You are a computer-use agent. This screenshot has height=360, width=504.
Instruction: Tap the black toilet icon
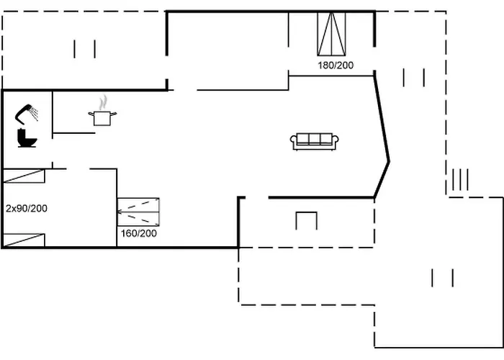[x=27, y=137]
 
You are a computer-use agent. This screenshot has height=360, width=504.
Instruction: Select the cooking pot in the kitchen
[x=102, y=117]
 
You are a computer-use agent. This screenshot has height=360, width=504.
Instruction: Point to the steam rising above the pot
[x=104, y=101]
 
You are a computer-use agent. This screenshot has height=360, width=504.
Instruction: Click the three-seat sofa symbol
[x=315, y=141]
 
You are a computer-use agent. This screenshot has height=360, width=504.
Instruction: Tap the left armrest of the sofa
[x=294, y=142]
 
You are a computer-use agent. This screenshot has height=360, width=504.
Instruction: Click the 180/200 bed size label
[x=336, y=65]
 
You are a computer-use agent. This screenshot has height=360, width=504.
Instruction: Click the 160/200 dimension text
[x=139, y=233]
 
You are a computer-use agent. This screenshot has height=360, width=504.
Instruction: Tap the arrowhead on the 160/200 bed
[x=120, y=212]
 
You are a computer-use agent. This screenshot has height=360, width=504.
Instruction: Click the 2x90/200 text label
[x=26, y=208]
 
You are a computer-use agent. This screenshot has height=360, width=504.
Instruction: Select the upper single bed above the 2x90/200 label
[x=24, y=176]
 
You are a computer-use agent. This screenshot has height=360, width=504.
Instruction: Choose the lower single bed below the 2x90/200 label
[x=24, y=240]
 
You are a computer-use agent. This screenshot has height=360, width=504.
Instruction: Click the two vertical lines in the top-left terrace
[x=85, y=49]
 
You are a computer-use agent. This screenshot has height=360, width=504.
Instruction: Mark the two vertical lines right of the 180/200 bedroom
[x=413, y=77]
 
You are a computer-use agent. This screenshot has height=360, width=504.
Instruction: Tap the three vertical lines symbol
[x=460, y=177]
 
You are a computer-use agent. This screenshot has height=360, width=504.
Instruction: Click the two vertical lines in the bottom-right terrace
[x=442, y=277]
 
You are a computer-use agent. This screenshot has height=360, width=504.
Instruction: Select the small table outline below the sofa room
[x=306, y=220]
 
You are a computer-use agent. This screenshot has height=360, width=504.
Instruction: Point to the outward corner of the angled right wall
[x=389, y=161]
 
